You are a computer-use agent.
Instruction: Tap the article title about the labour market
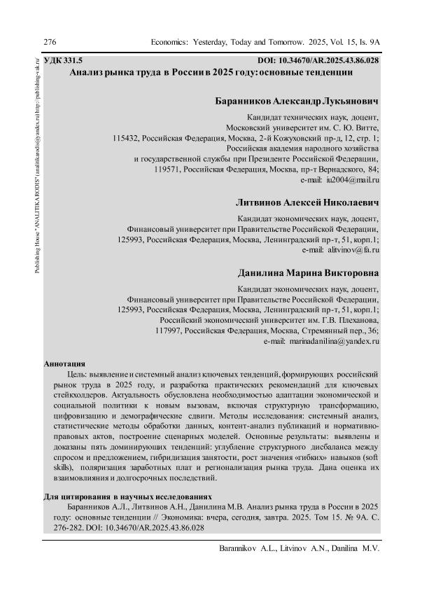(x=210, y=73)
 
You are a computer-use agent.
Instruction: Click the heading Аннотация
(x=64, y=364)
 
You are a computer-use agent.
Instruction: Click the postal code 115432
(x=127, y=139)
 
